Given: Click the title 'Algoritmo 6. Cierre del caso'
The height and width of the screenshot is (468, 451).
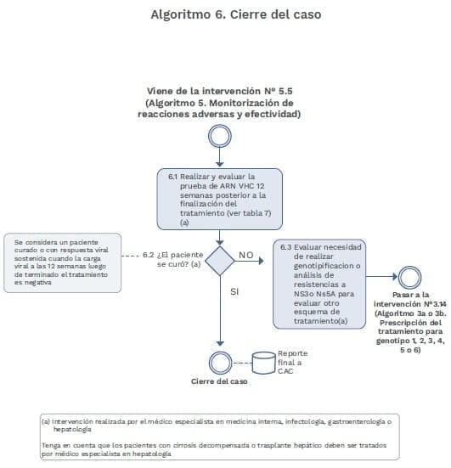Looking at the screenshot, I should tap(225, 14).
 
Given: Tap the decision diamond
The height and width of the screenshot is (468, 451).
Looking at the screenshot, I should tap(220, 258).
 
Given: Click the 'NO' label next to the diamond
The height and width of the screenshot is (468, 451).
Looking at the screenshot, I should tap(246, 254).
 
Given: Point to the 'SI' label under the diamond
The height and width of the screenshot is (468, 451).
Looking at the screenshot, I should tap(237, 291).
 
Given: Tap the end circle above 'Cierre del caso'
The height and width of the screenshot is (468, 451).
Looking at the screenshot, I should tap(220, 359).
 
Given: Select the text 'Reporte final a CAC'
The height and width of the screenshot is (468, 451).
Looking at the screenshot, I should tap(289, 363).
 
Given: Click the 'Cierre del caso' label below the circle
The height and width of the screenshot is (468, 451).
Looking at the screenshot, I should tap(219, 381).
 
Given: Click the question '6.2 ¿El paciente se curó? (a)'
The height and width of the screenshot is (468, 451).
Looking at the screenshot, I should tap(173, 259).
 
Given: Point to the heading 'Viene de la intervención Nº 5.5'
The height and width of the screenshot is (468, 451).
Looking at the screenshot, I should tap(220, 89).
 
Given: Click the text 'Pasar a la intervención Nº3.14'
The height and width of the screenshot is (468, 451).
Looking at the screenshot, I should tap(411, 297).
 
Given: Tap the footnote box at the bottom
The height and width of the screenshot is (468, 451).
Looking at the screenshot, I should tap(221, 436).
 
